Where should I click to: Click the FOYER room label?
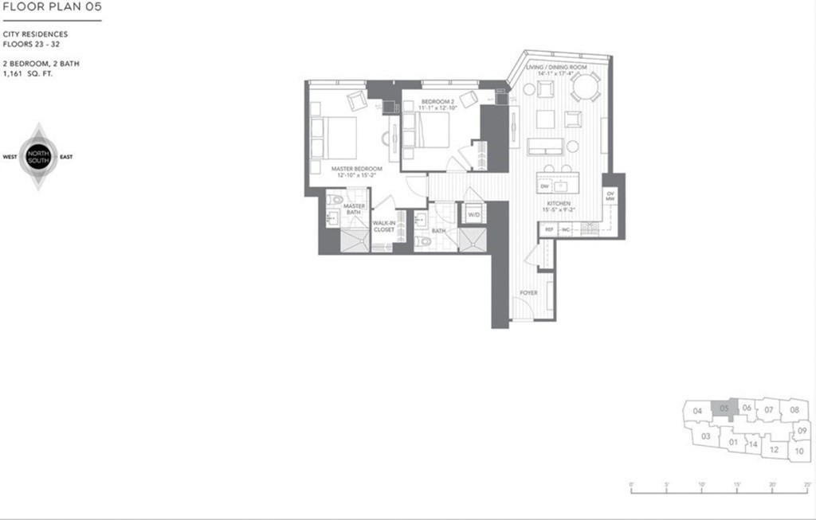click(528, 293)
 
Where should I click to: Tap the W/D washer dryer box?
click(474, 214)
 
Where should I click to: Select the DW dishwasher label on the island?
click(545, 186)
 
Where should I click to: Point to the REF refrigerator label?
click(549, 229)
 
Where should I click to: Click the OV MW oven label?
click(610, 197)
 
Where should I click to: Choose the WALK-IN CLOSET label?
click(384, 226)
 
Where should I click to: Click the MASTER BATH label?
click(354, 209)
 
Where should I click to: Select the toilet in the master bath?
click(335, 200)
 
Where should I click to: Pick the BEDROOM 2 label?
click(437, 101)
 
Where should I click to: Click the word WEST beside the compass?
click(10, 157)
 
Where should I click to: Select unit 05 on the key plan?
click(724, 409)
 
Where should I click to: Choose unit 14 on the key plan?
click(752, 444)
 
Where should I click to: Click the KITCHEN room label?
click(557, 204)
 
